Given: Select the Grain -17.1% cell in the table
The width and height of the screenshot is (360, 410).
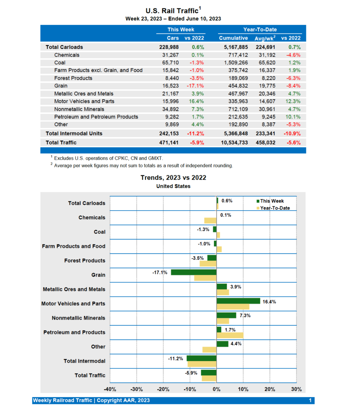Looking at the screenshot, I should (x=195, y=86).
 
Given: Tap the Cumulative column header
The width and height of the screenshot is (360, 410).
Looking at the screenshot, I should (x=233, y=38).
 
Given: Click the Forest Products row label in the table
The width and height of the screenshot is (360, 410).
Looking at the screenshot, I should (x=73, y=78).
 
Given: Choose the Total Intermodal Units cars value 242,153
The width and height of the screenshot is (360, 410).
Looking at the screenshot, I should (x=169, y=133).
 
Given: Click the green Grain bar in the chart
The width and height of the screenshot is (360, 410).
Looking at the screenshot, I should (x=194, y=272).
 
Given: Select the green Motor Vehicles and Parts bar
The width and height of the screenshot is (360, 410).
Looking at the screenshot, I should (x=238, y=301).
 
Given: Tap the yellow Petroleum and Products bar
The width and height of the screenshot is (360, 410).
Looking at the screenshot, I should (x=230, y=335).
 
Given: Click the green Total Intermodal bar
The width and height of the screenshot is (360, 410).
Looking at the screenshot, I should (x=202, y=358).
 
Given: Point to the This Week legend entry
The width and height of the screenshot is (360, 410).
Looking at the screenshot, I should (x=271, y=201).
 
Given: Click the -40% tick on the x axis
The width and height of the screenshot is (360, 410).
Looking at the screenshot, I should (x=110, y=389).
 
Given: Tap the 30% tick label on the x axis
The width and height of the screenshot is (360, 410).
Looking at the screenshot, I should (x=296, y=389).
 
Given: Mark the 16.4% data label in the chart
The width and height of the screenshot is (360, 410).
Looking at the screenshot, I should (x=269, y=302).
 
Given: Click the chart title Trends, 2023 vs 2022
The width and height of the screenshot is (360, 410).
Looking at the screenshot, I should (x=173, y=177).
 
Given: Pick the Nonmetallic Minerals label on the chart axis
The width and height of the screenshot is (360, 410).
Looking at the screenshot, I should (x=78, y=318).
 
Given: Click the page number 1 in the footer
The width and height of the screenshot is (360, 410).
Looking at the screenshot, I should (x=310, y=400).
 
